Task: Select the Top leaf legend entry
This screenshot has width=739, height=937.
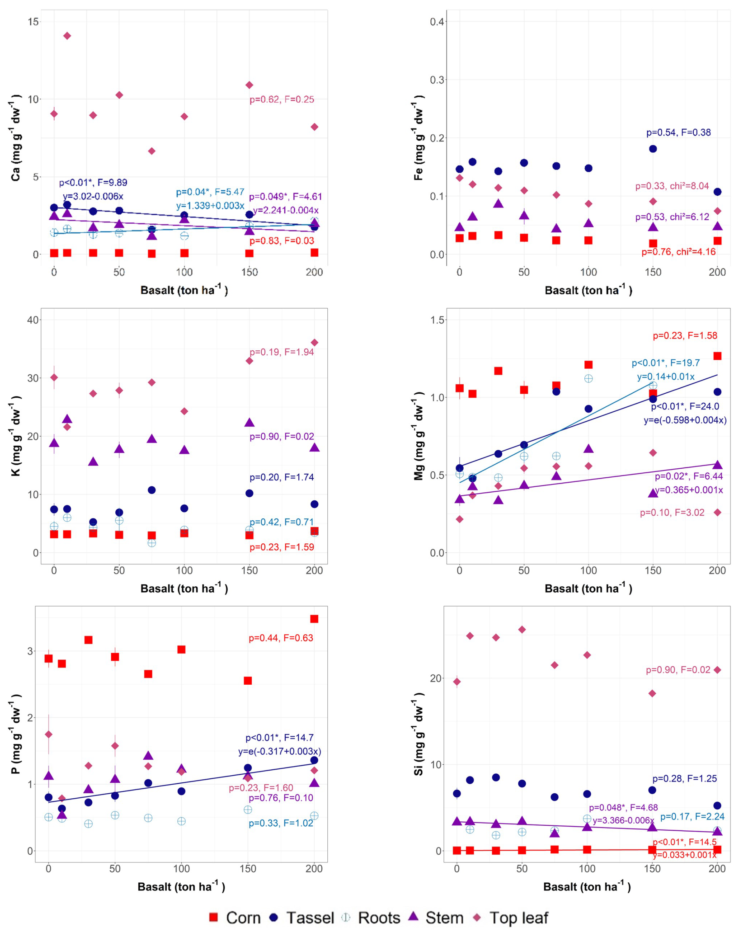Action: [x=512, y=917]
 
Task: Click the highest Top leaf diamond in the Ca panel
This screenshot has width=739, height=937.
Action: [x=67, y=36]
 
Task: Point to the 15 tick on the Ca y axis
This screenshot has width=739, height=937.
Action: [x=33, y=21]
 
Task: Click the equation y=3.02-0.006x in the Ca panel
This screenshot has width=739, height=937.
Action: [x=93, y=196]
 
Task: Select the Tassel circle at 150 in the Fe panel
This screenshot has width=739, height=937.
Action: [x=653, y=149]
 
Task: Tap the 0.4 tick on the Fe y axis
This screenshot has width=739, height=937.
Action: [x=437, y=21]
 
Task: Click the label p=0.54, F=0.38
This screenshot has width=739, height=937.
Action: [x=678, y=132]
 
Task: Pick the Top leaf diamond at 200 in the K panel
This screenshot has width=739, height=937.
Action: [x=314, y=343]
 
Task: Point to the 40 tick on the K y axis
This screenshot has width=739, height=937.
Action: [x=33, y=319]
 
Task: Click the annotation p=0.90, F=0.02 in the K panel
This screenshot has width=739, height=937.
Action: [x=282, y=437]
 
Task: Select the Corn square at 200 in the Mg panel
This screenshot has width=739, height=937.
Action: [x=718, y=356]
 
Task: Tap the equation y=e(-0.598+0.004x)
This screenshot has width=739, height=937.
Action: [x=685, y=420]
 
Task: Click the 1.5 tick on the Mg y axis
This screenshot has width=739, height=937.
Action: [x=437, y=319]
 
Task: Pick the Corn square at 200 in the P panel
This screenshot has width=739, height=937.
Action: [x=314, y=619]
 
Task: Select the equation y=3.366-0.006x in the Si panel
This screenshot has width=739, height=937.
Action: [x=623, y=820]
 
